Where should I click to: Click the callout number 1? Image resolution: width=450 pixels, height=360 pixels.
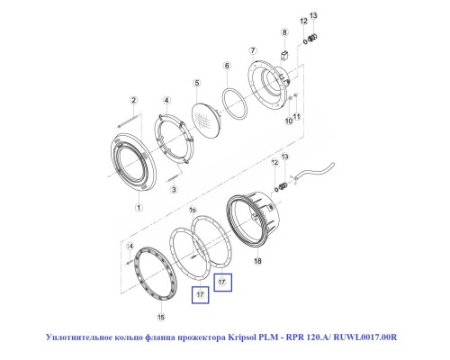coord(139,207)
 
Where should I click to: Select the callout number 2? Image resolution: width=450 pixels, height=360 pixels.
coord(134,100)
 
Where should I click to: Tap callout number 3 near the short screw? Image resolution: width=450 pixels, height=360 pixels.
coord(174,190)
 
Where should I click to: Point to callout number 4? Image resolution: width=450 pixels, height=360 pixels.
coord(166,101)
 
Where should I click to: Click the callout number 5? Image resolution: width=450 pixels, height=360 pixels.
coord(197,83)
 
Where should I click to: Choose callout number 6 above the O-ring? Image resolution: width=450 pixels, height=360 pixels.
coord(227,66)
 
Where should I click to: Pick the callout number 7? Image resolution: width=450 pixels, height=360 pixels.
coord(253,50)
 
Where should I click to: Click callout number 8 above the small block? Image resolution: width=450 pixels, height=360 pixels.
coord(284,32)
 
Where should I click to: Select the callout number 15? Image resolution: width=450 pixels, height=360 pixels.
coord(161,317)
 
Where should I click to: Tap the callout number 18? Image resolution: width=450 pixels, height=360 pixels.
coord(257,261)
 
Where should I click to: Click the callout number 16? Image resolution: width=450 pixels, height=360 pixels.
coord(193,210)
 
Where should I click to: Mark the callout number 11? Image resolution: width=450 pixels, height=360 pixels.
coord(297,116)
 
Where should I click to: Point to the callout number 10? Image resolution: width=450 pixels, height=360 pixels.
coord(289,121)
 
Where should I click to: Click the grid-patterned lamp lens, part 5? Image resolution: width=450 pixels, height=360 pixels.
coord(205,119)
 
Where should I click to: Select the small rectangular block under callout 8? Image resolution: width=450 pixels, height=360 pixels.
coord(284,55)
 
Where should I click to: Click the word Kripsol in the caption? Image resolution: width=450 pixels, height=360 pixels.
coord(242,337)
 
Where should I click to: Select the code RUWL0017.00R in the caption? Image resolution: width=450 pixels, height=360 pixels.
coord(365,337)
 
